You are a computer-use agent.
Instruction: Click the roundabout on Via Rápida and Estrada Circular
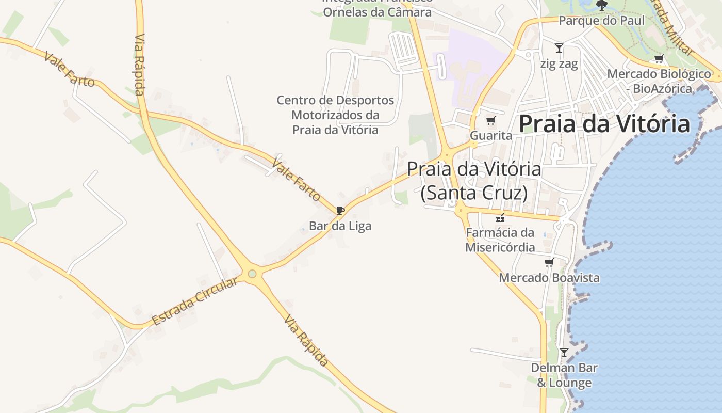tap(252, 274)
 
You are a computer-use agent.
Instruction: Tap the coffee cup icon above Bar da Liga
tap(340, 211)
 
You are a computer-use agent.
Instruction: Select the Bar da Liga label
tap(340, 226)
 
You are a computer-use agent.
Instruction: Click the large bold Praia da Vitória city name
tap(604, 124)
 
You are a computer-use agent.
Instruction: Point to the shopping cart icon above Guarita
tap(490, 121)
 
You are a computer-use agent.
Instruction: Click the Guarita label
tap(491, 136)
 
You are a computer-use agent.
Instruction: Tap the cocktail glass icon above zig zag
tap(559, 48)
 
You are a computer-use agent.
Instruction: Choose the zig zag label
tap(559, 63)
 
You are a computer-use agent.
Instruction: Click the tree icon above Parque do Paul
tap(601, 5)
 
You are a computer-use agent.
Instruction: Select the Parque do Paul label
tap(602, 21)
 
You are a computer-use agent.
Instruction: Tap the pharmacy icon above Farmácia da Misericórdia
tap(500, 218)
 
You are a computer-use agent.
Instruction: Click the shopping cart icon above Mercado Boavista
tap(549, 263)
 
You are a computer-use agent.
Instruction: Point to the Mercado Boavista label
tap(549, 278)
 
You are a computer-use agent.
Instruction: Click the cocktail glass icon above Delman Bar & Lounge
tap(564, 353)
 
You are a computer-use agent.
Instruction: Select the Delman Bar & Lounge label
tap(564, 375)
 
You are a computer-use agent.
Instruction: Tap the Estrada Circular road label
tap(195, 301)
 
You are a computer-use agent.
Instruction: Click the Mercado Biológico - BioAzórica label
tap(659, 81)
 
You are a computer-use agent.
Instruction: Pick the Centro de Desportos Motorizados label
tap(335, 115)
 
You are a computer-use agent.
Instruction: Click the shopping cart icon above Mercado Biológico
tap(659, 59)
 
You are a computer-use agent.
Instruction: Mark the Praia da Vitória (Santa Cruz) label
tap(474, 180)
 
